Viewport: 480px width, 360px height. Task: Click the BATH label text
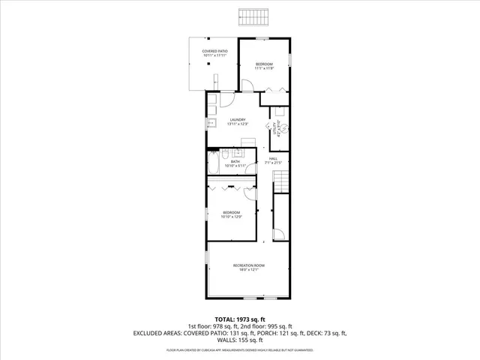tap(235, 163)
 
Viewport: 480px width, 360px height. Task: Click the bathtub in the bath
tap(213, 162)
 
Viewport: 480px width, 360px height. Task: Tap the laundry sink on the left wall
tap(211, 121)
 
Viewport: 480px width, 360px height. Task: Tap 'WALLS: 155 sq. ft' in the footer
tap(240, 340)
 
